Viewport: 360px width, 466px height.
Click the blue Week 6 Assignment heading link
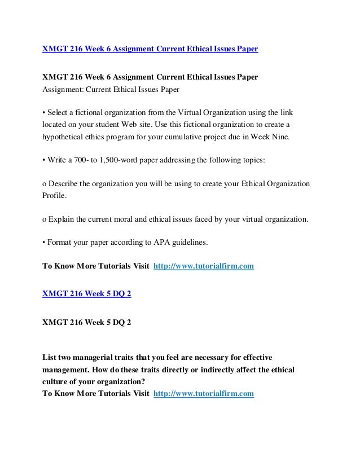click(151, 49)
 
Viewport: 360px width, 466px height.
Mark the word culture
click(58, 381)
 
